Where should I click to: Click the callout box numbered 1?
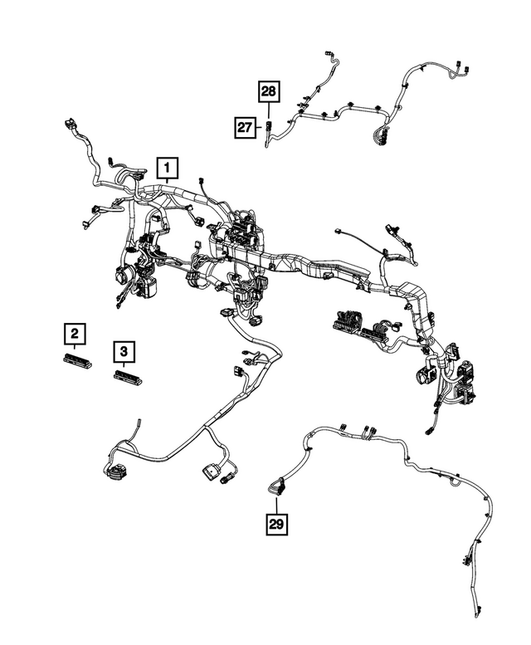pos(167,169)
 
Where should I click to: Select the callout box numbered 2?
pos(75,335)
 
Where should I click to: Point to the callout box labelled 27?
pos(244,127)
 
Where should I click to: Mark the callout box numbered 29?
pos(276,524)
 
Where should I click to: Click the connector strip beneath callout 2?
pos(75,359)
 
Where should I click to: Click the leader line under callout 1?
pos(167,188)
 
